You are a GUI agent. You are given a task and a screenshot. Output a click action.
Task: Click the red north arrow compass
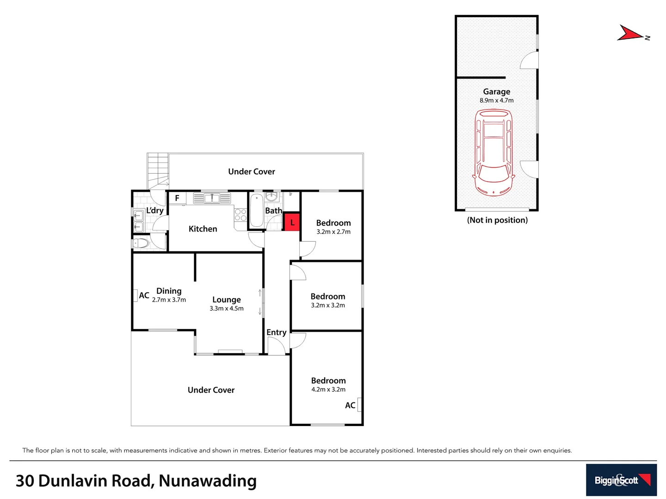click(x=631, y=33)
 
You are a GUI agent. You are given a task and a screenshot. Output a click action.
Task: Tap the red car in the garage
click(x=493, y=152)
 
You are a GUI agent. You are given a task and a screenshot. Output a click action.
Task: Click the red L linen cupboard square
click(x=292, y=222)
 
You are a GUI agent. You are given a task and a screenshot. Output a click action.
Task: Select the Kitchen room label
click(x=203, y=229)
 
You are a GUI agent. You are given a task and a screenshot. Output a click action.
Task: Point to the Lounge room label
click(x=226, y=299)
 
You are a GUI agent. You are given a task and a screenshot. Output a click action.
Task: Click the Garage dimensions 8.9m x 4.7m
click(x=496, y=100)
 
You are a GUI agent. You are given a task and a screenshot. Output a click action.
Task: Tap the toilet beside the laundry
click(x=141, y=243)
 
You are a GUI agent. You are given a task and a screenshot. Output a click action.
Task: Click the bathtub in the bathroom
click(x=257, y=210)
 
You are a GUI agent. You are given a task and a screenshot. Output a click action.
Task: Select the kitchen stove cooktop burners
click(x=240, y=215)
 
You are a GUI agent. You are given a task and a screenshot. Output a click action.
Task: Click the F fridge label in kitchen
click(x=177, y=198)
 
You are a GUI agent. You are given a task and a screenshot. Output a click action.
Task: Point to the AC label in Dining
click(x=144, y=295)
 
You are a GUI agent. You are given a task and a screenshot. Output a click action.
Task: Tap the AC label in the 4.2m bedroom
click(x=350, y=405)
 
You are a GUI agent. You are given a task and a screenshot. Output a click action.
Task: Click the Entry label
click(x=276, y=332)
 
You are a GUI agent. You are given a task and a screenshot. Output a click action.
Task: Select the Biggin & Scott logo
click(x=621, y=480)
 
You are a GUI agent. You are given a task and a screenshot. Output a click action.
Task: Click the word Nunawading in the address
click(x=208, y=481)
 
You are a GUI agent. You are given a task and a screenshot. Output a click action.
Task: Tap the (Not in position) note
click(x=497, y=220)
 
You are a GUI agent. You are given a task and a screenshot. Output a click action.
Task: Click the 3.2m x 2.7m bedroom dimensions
click(x=333, y=232)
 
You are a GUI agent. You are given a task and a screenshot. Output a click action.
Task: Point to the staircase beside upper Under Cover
click(x=158, y=170)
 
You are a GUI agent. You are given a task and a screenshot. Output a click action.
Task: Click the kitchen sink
click(x=212, y=198)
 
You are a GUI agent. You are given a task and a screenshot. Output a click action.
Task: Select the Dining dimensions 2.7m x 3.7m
click(x=169, y=300)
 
